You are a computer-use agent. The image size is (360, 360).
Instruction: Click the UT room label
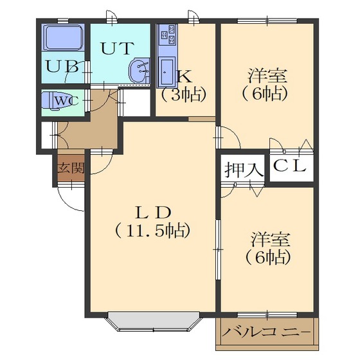tap(117, 48)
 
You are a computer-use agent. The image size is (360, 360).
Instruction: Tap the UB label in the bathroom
tap(62, 66)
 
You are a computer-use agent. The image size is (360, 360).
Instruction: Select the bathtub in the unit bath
tap(64, 38)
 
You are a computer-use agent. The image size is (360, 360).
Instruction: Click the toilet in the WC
tap(51, 102)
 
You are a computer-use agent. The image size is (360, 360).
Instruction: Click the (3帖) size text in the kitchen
tap(183, 95)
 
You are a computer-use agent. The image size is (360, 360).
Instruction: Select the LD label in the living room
tap(154, 212)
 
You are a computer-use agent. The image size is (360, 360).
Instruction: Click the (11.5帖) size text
tap(152, 230)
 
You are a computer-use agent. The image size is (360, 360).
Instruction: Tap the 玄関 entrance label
tap(71, 168)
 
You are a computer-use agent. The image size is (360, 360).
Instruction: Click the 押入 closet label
tap(244, 170)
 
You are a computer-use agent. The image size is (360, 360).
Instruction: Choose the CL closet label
tap(290, 166)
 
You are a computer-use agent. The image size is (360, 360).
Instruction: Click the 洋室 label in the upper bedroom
tap(267, 76)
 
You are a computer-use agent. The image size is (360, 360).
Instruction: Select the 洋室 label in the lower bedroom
tap(271, 239)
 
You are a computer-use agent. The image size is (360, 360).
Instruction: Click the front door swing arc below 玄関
tap(69, 200)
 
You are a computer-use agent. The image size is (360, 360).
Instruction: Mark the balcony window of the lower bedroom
tap(267, 315)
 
